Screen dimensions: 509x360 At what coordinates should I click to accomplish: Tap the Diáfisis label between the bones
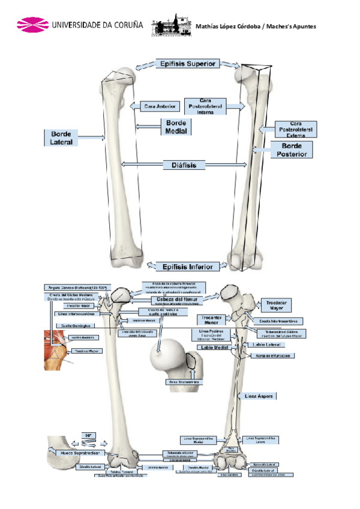[184, 164]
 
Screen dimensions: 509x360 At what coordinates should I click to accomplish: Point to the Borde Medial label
[176, 127]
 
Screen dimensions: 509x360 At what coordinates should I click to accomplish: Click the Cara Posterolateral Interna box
[205, 106]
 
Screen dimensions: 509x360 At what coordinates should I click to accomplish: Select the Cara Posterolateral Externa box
[295, 130]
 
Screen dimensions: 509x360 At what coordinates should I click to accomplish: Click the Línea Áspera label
[259, 396]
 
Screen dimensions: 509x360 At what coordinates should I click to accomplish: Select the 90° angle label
[88, 435]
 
